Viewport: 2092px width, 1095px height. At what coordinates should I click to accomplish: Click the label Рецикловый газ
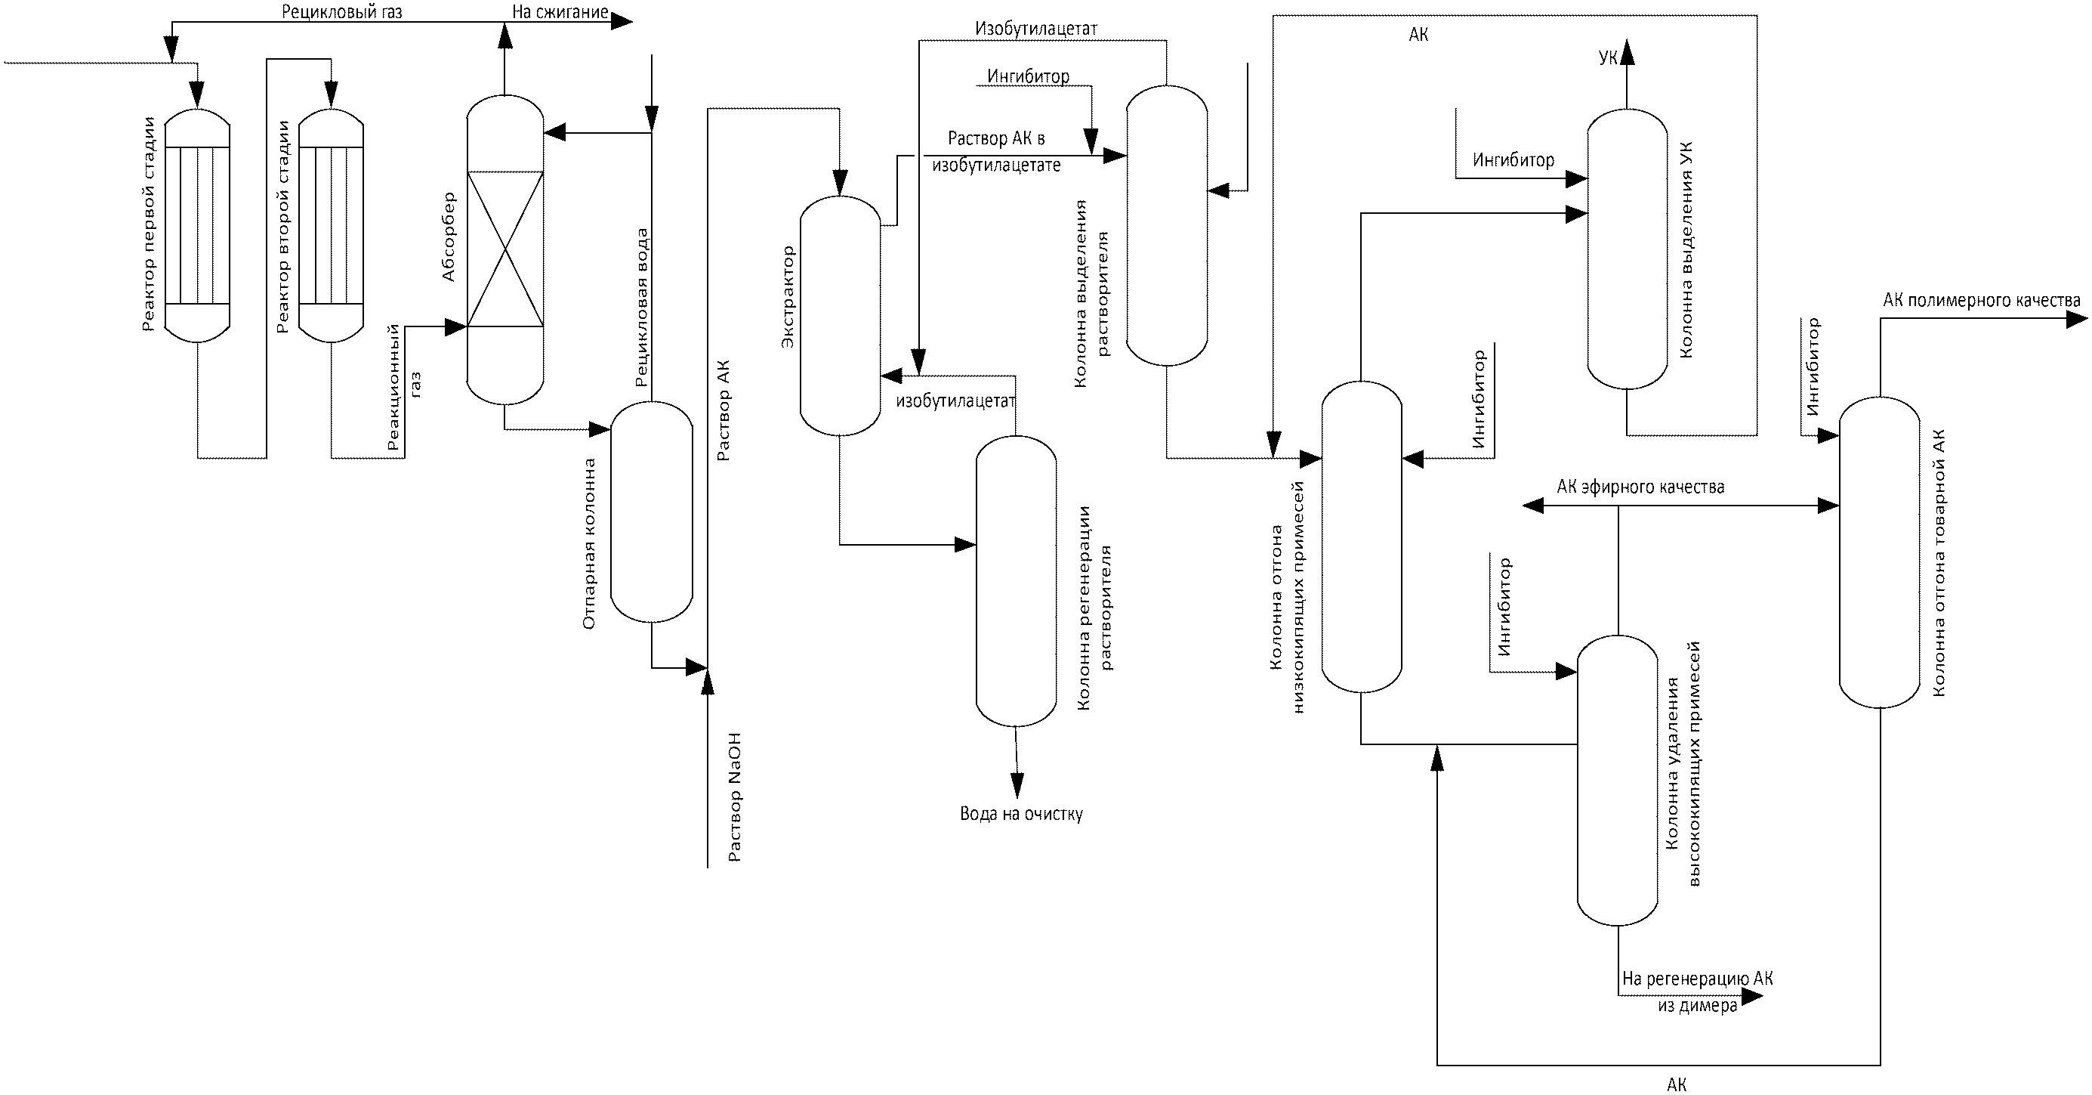[x=342, y=12]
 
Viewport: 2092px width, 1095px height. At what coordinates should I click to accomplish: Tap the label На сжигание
[x=560, y=12]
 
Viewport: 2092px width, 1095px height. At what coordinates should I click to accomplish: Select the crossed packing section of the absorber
[x=505, y=249]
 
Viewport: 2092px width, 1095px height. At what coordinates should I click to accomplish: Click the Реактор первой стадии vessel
[x=197, y=226]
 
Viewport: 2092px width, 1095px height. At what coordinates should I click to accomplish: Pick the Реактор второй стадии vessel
[x=332, y=226]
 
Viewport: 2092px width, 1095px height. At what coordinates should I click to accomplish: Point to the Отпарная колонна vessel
[x=651, y=512]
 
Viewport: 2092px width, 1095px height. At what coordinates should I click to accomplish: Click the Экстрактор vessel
[x=841, y=316]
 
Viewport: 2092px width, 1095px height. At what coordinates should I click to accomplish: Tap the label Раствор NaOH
[x=734, y=797]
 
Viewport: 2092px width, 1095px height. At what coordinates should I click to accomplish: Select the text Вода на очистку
[x=1021, y=814]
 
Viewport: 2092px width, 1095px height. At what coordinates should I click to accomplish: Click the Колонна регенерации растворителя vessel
[x=1016, y=582]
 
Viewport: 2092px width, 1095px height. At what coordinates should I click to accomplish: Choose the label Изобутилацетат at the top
[x=1036, y=29]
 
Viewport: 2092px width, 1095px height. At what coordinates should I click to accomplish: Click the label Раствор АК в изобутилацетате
[x=996, y=152]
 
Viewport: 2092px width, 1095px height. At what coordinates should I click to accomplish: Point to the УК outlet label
[x=1608, y=57]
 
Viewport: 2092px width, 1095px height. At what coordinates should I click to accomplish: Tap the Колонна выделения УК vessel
[x=1627, y=249]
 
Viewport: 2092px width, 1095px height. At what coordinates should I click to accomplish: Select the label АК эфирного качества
[x=1640, y=487]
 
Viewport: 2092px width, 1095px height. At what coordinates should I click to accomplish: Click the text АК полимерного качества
[x=1982, y=302]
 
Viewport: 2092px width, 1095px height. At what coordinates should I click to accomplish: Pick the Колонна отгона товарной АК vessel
[x=1880, y=552]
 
